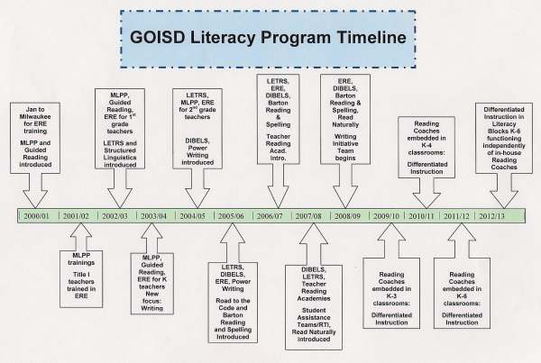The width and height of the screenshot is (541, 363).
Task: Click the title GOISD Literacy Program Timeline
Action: click(x=268, y=37)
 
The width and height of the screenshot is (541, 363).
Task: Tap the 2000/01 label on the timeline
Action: click(x=36, y=216)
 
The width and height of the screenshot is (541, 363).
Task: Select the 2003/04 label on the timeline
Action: click(x=153, y=216)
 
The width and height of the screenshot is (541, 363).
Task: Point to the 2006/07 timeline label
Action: click(x=270, y=216)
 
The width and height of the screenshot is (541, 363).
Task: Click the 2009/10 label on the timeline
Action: click(x=386, y=216)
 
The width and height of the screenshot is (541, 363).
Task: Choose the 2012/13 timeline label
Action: click(x=491, y=216)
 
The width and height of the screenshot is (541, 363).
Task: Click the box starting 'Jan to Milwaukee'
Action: click(x=35, y=138)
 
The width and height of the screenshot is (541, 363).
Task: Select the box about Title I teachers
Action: click(x=81, y=279)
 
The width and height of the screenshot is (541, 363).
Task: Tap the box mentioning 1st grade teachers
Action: click(x=120, y=129)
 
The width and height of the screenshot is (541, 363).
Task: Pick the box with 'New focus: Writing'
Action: click(x=152, y=284)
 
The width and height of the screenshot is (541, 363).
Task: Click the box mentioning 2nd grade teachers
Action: click(x=197, y=129)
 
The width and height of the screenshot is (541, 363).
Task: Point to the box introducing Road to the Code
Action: click(x=233, y=303)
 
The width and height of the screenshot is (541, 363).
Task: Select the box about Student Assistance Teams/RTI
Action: click(x=314, y=307)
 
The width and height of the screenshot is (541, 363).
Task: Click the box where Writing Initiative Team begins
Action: click(x=345, y=119)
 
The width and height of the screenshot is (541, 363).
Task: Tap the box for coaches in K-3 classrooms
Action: click(x=391, y=293)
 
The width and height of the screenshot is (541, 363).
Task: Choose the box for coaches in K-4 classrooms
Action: click(x=426, y=147)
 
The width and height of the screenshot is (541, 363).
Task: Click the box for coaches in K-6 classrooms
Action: click(x=462, y=293)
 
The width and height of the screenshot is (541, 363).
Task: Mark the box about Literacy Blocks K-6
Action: click(x=504, y=138)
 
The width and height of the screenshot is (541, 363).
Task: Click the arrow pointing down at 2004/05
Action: click(x=197, y=188)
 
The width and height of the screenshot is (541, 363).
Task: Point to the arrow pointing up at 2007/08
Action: click(x=314, y=244)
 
